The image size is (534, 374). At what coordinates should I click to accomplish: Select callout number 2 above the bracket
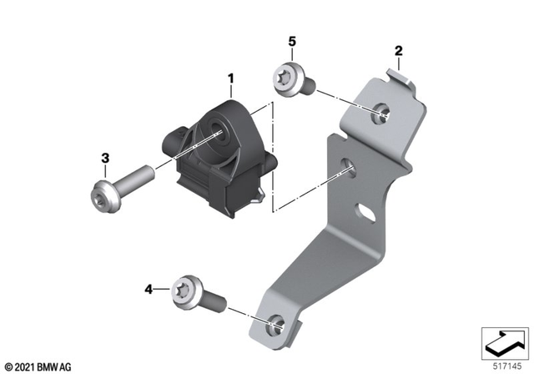tap(399, 52)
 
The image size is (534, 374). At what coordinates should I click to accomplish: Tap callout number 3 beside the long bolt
tap(105, 158)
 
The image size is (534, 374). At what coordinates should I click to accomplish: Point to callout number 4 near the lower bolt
tap(149, 289)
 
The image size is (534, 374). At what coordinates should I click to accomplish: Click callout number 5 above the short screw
tap(292, 41)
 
